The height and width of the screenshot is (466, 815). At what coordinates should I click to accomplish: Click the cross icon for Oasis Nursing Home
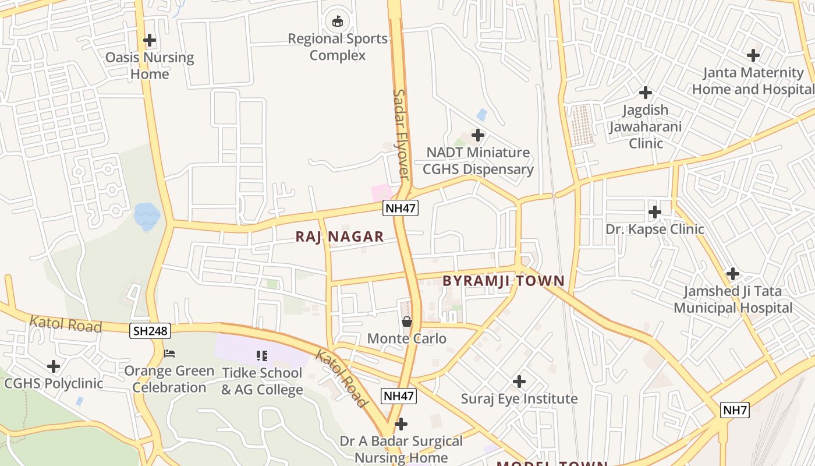[150, 40]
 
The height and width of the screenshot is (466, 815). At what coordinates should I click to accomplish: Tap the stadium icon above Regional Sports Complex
[337, 22]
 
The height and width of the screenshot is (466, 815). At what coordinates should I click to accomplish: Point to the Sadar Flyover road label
[402, 134]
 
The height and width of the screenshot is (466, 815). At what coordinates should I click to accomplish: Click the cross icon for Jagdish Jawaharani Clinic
[645, 93]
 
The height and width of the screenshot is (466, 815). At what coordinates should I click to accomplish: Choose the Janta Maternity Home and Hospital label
[753, 81]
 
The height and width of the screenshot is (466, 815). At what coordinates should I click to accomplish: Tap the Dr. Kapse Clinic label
[655, 229]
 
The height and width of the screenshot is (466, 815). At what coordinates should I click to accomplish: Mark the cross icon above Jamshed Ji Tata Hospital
[733, 273]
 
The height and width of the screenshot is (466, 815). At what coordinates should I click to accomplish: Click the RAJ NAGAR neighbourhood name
[339, 236]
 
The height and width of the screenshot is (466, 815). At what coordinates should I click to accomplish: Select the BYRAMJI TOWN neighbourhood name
[504, 281]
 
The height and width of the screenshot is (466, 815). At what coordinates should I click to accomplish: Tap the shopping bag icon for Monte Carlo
[407, 322]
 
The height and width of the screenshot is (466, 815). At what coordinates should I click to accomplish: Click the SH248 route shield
[150, 331]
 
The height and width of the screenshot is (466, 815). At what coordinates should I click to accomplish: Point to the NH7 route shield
[735, 409]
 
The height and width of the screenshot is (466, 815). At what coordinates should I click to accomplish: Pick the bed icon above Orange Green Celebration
[169, 354]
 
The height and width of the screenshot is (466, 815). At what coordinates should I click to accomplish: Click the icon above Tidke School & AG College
[261, 355]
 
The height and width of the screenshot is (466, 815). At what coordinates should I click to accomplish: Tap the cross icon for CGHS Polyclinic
[54, 366]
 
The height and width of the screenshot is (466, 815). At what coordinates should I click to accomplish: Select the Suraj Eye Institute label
[519, 399]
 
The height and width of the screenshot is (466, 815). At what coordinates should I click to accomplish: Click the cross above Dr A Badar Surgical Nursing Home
[401, 424]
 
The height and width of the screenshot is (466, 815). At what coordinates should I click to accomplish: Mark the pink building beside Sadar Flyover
[381, 193]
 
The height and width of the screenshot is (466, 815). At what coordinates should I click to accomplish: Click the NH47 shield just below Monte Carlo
[399, 397]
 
